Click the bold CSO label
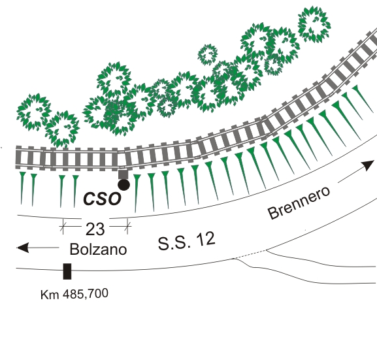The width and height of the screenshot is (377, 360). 102,199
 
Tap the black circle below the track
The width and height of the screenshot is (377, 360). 124,185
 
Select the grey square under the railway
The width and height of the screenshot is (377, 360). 123,174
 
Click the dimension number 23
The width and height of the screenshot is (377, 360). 95,229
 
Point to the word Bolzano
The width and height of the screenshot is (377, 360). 98,249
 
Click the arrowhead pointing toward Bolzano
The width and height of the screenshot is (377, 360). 23,248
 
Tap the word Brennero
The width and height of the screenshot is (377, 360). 299,203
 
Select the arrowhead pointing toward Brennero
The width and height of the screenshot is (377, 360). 369,165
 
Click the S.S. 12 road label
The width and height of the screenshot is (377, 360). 186,241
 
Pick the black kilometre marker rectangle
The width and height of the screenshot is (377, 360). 67,271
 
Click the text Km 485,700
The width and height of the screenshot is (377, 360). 74,294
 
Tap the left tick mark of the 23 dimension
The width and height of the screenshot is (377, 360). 63,226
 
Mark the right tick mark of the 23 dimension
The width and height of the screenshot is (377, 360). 127,226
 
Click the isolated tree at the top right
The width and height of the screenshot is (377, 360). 314,24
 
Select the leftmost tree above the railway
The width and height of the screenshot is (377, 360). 34,112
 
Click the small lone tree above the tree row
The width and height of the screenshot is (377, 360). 208,55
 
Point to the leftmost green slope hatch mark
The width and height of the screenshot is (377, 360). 22,188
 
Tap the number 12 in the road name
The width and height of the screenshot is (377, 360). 205,238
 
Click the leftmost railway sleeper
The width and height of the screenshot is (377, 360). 18,157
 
